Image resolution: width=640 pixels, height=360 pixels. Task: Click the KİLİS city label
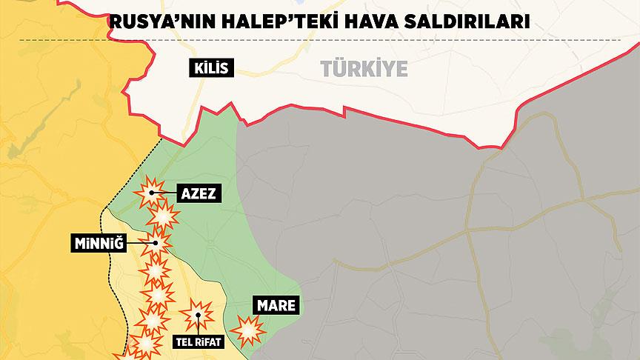pos(211,70)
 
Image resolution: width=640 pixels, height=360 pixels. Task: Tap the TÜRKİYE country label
pos(364,69)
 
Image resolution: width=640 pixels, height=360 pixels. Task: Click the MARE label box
pos(276,304)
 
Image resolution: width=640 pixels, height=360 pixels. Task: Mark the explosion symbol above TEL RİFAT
pos(196,316)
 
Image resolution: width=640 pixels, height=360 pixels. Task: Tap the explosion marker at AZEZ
pos(150,193)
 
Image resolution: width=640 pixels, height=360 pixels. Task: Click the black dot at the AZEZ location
pos(151,193)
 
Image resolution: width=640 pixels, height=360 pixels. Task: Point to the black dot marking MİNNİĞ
pos(156,242)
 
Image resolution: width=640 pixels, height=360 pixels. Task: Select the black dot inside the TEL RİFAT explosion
pos(197,316)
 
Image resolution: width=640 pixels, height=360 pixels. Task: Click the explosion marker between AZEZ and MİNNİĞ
pos(163,217)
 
